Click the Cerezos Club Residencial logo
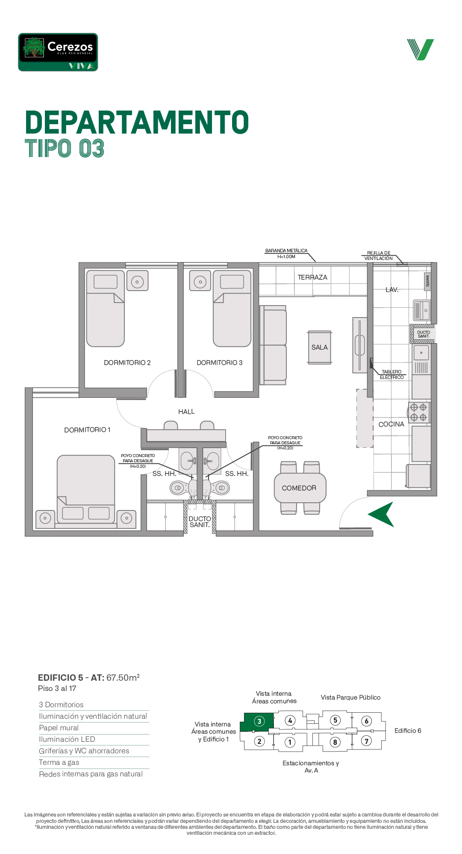58,52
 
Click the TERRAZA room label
312,277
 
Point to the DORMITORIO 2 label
127,363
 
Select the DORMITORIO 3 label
220,363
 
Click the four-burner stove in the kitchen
419,412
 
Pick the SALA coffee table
320,347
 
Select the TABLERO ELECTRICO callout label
392,375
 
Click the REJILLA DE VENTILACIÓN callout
379,256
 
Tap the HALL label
186,412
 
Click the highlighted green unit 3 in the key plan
257,722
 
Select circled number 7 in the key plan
366,741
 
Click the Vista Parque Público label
351,697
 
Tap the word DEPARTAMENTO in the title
137,122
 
